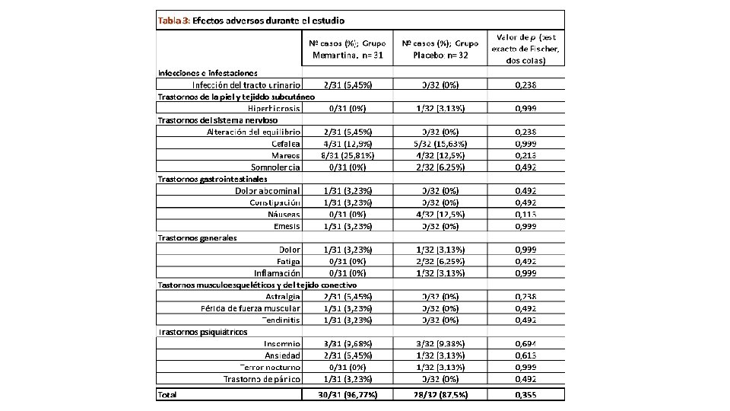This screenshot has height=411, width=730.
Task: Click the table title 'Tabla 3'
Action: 174,20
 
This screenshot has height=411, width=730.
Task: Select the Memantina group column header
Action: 347,49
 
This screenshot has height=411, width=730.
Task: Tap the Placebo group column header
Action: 440,49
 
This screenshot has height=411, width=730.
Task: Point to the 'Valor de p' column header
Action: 528,49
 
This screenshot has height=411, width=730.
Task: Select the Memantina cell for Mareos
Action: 347,155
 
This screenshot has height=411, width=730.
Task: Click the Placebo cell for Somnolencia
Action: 440,167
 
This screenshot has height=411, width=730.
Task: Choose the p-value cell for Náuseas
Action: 526,214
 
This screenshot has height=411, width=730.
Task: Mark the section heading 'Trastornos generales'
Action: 197,237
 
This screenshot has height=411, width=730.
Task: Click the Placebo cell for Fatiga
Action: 440,261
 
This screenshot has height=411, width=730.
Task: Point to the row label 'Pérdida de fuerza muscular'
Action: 251,308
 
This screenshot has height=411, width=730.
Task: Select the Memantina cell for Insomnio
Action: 347,344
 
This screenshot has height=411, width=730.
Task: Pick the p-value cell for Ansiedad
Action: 526,355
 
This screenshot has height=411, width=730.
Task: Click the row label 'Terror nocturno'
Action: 271,367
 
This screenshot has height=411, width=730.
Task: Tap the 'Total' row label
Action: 167,394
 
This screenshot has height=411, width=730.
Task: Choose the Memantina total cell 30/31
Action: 347,394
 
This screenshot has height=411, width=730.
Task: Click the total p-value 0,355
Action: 526,394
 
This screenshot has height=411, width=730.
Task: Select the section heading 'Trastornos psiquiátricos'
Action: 202,332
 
